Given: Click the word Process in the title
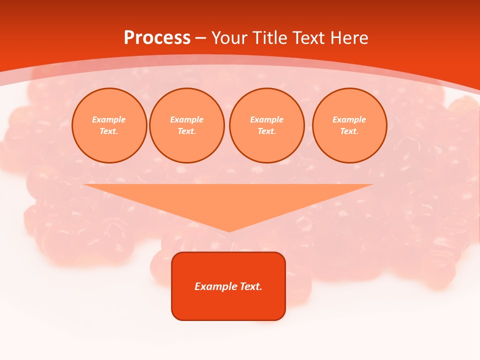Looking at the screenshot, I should [157, 38].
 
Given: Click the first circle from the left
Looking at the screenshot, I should [109, 125].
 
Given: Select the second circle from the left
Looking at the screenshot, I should [187, 125].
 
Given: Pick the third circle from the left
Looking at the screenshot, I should [267, 125].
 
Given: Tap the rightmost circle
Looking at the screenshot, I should [349, 125].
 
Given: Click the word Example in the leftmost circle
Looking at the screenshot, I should [109, 119].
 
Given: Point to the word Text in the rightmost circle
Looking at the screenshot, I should [348, 131].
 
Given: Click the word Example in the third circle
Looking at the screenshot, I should [266, 119].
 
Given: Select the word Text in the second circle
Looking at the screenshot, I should [186, 131].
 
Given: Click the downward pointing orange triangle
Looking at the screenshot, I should [228, 200].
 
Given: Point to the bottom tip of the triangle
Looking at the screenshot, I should [229, 231].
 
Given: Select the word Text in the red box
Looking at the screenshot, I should [251, 286].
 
